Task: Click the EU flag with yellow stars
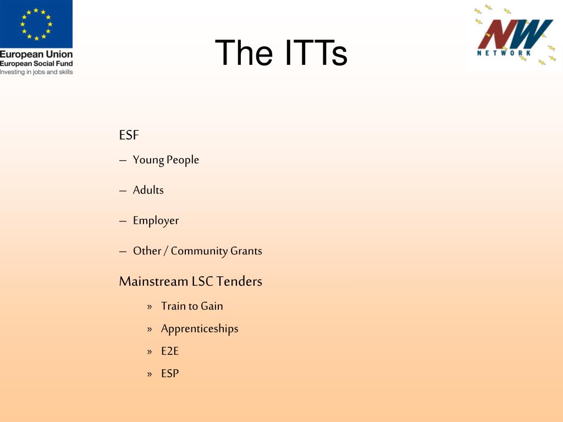tap(36, 24)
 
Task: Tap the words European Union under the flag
tap(36, 54)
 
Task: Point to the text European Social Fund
tap(36, 64)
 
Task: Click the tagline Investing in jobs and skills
tap(36, 72)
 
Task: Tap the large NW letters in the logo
tap(515, 34)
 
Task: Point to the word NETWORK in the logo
tap(504, 53)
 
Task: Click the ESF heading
tap(129, 135)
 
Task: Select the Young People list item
tap(166, 160)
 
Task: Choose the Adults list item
tap(148, 190)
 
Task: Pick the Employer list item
tap(156, 221)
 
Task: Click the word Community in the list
tap(199, 251)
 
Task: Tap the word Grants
tap(246, 251)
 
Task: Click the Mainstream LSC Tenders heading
tap(191, 281)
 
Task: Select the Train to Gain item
tap(192, 306)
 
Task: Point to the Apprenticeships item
tap(200, 329)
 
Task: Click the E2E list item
tap(170, 351)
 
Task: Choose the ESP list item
tap(170, 374)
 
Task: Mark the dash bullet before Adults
tap(123, 191)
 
